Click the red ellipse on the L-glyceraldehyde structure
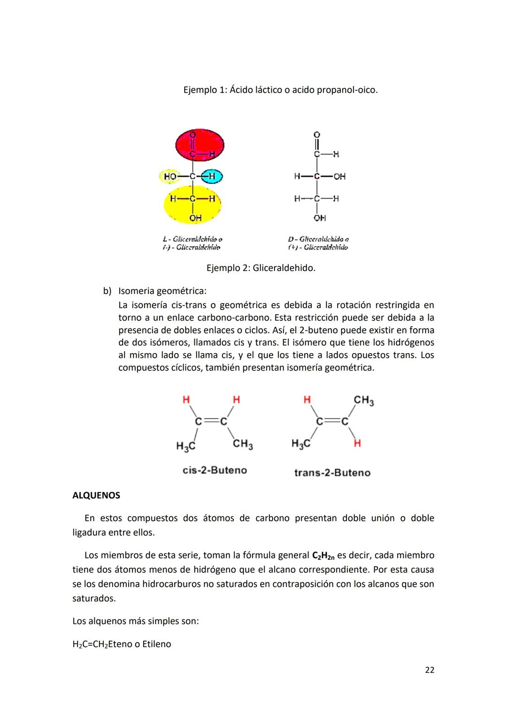pos(200,145)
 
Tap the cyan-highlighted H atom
pos(211,177)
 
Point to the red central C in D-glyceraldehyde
pos(317,177)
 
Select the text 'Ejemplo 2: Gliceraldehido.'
pos(261,268)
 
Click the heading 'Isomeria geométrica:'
pos(162,291)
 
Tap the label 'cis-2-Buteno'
pos(215,470)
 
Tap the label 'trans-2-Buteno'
pos(332,472)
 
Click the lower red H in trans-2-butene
pos(357,443)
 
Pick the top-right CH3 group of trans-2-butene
pos(364,401)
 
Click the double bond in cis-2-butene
pos(211,422)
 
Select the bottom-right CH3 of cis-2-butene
pos(243,444)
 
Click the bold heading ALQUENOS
pos(96,495)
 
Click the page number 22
pos(429,670)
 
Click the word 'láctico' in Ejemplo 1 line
pos(269,89)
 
